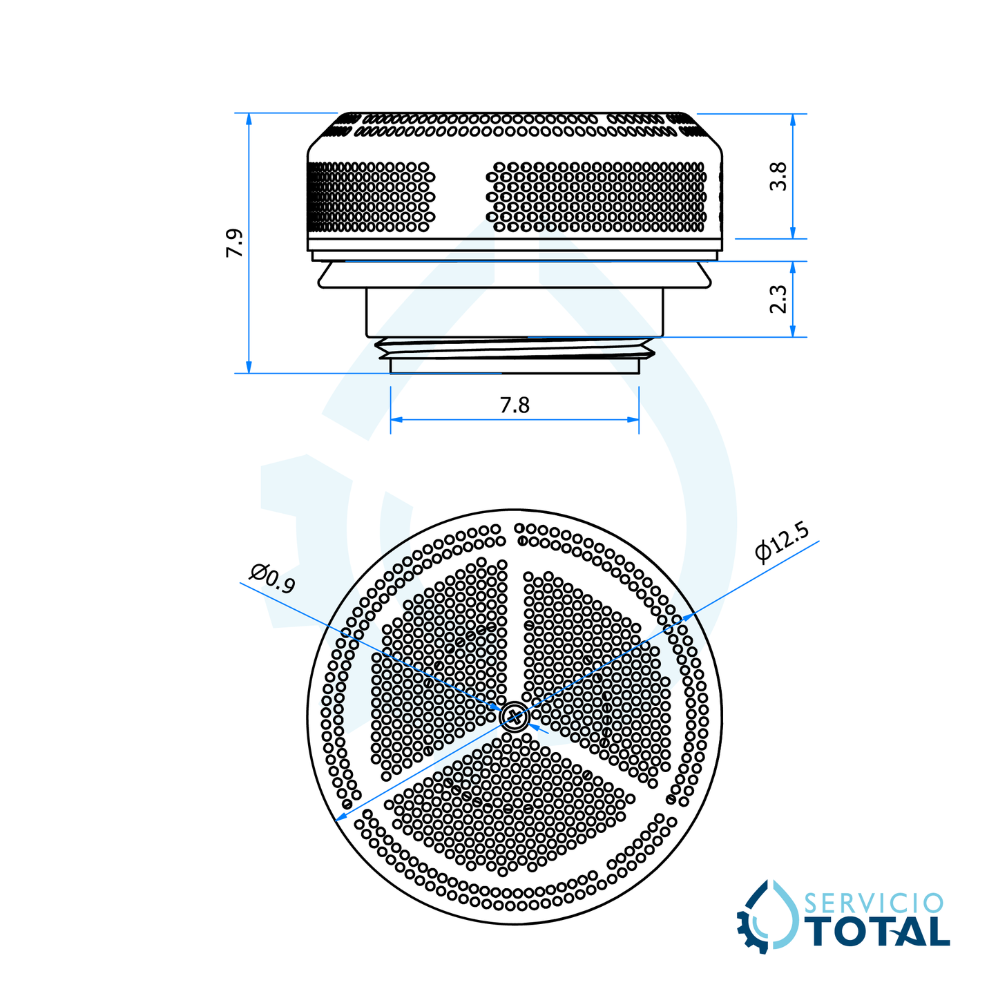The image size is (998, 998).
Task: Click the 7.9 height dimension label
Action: point(234,243)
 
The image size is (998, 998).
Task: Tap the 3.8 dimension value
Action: point(778,177)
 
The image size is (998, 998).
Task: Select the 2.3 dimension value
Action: point(778,299)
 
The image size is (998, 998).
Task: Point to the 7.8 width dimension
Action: point(515,405)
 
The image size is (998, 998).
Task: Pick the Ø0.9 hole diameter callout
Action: point(272,579)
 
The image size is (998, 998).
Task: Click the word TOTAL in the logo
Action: point(879,932)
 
